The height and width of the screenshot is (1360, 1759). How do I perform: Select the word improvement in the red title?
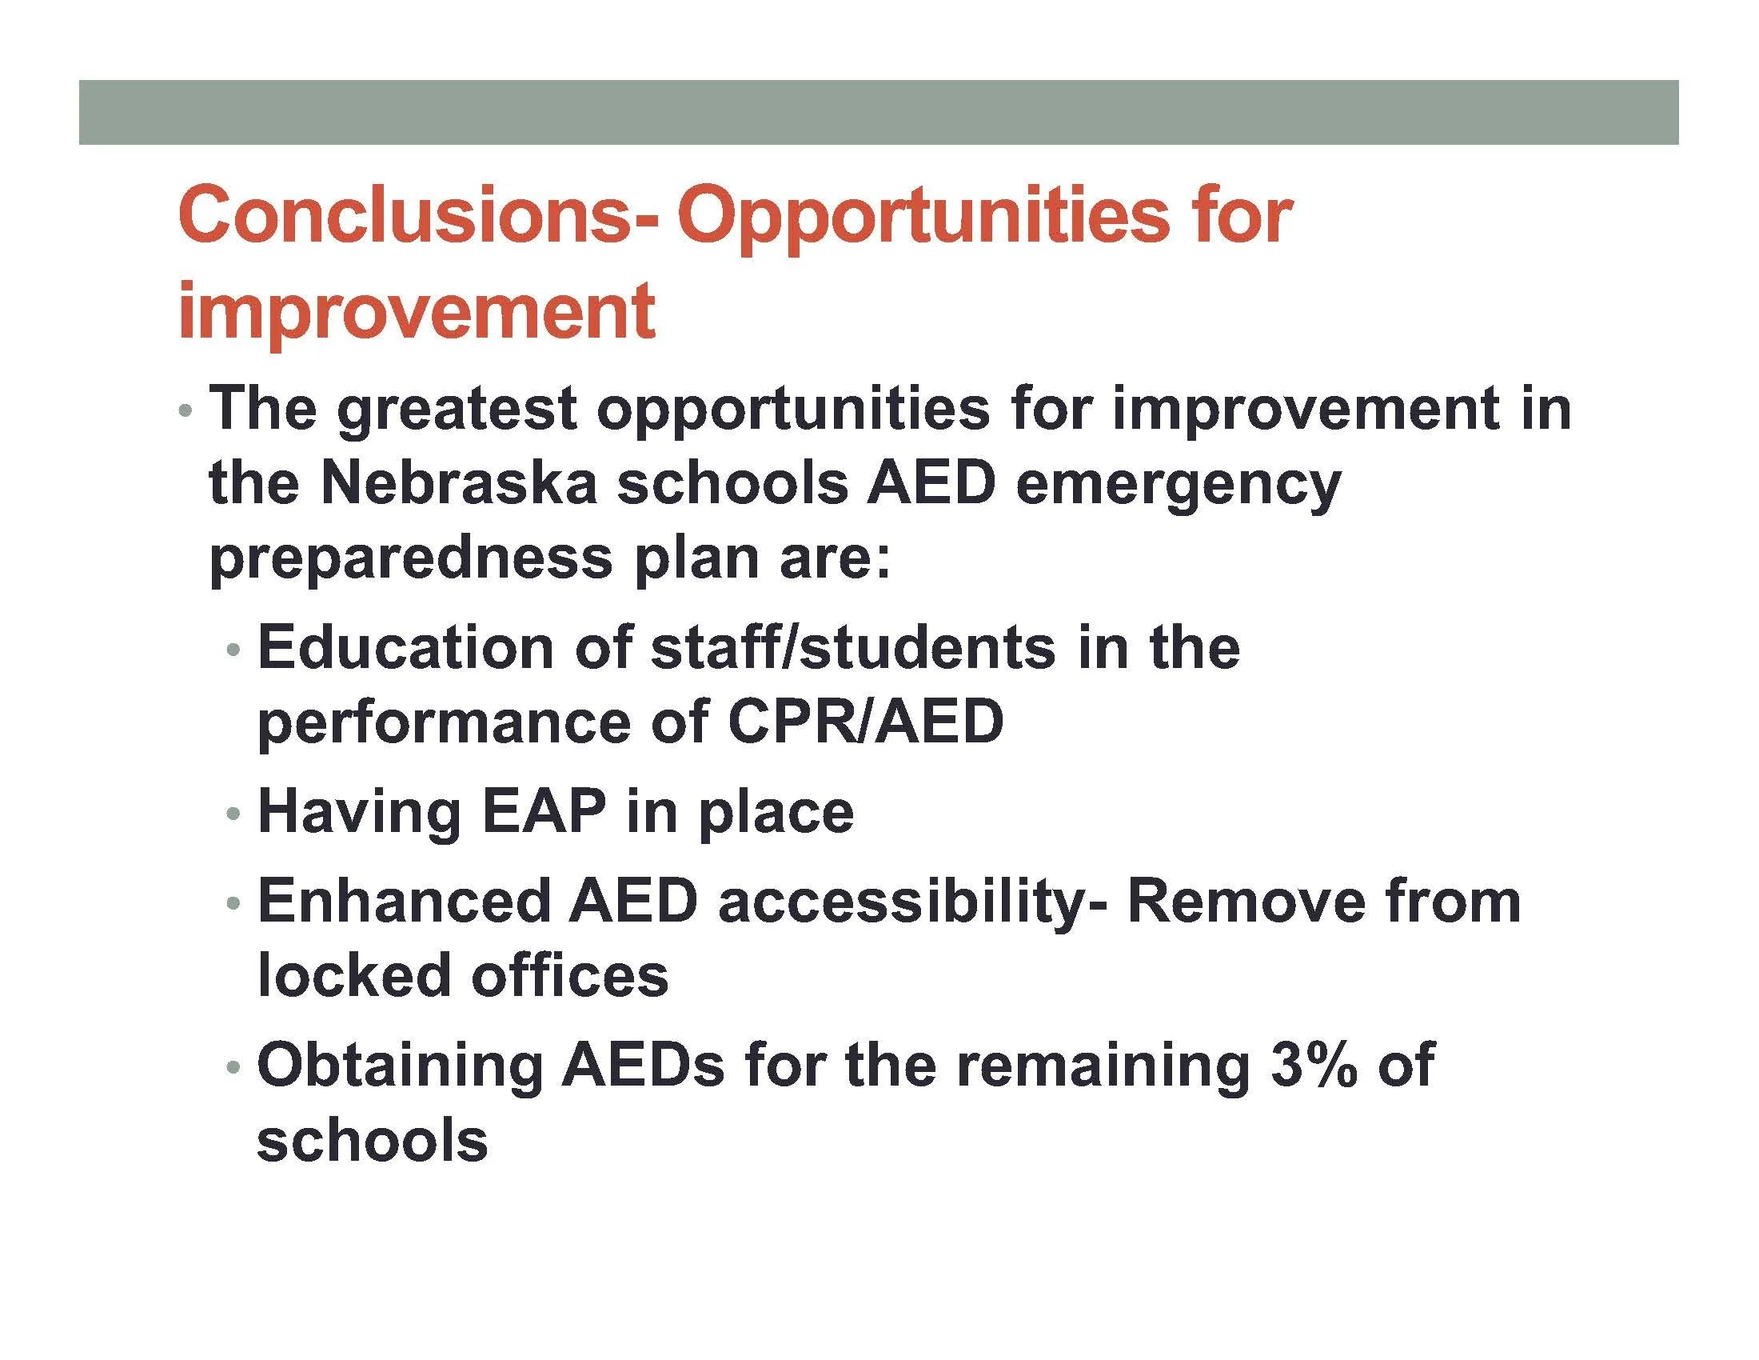click(x=417, y=311)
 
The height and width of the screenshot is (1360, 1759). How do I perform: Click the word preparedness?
click(x=411, y=558)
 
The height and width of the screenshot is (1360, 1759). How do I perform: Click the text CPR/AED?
click(x=864, y=721)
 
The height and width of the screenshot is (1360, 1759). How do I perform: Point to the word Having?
click(x=359, y=812)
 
